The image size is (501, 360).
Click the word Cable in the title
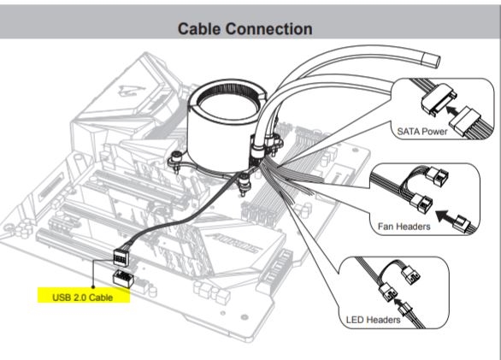199,29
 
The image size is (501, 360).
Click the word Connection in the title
269,29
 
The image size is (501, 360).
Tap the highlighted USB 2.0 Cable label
83,298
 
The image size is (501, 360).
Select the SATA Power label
422,132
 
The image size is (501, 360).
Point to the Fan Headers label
404,227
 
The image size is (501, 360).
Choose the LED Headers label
373,320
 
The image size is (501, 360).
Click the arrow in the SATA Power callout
451,110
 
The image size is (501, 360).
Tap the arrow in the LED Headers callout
398,303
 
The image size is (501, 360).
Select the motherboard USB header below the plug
122,279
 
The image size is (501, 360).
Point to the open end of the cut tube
432,60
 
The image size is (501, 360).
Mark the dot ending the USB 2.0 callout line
93,286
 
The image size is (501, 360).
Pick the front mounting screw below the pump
245,183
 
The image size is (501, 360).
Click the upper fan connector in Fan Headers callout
437,175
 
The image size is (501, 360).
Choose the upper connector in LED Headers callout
410,275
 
